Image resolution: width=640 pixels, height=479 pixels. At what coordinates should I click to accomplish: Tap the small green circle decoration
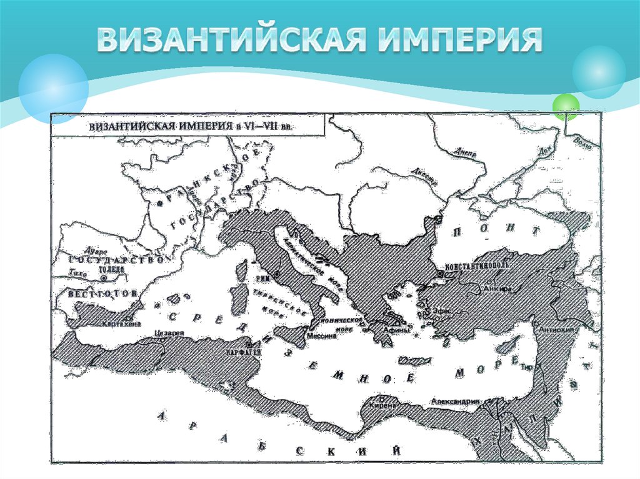coord(566,106)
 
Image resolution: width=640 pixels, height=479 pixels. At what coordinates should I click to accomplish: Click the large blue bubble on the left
coord(53,88)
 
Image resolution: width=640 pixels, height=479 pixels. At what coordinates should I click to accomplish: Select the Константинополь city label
coord(476,265)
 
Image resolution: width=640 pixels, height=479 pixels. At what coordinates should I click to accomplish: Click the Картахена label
coord(117,324)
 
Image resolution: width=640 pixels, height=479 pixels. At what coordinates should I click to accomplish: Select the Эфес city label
coord(441,310)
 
